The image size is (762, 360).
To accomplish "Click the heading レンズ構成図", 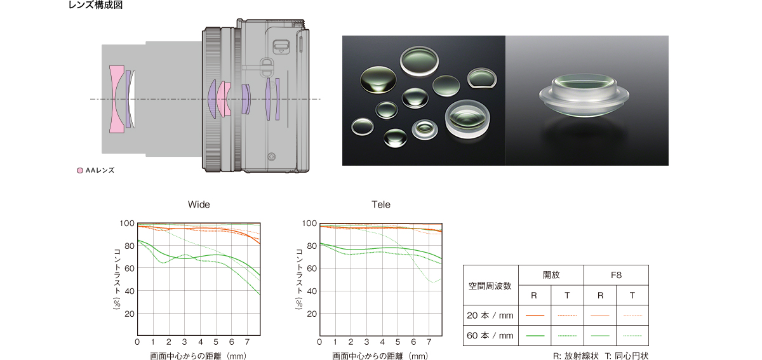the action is pos(96,5).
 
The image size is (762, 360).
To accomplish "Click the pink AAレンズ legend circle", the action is pos(80,170).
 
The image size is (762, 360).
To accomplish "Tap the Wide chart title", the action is pos(199,204).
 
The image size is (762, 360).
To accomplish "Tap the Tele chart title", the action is pos(381,204).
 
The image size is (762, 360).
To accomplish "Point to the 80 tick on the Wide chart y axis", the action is pos(130,246).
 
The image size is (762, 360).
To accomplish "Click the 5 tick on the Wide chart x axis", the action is pos(216,342).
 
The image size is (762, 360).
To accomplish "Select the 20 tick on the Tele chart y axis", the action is pos(312,314).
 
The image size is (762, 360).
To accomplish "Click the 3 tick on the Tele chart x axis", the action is pos(366,342).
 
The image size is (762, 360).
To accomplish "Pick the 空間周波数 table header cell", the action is pos(490,286).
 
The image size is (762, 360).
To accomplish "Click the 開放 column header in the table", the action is pos(551,275).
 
